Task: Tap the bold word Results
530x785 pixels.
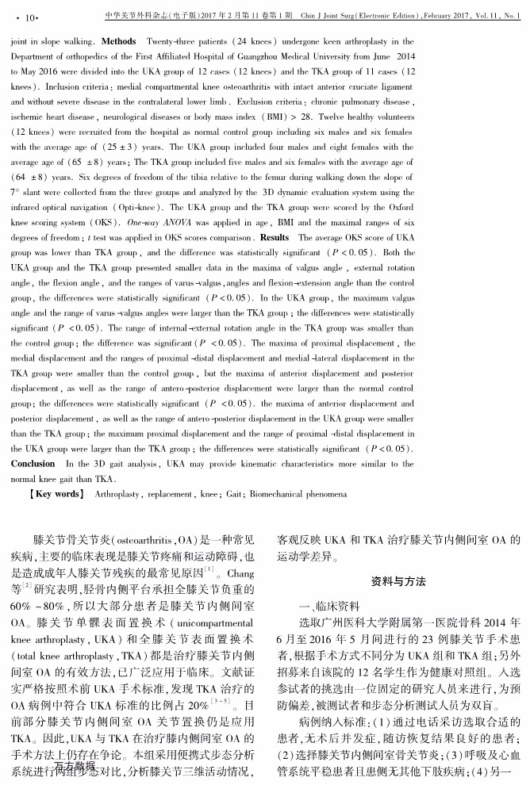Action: (275, 237)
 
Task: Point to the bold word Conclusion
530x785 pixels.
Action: (33, 464)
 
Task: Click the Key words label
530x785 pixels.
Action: (56, 493)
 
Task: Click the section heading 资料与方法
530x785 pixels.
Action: (399, 581)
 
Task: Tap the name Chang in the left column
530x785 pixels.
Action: (240, 572)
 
